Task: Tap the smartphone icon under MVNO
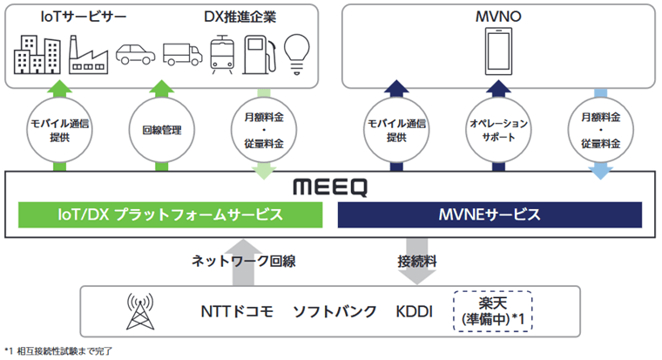pyautogui.click(x=499, y=50)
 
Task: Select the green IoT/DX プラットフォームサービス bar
pyautogui.click(x=165, y=214)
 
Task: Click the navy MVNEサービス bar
pyautogui.click(x=490, y=214)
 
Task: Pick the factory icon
pyautogui.click(x=84, y=53)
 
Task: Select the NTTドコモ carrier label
pyautogui.click(x=236, y=312)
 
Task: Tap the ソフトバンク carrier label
pyautogui.click(x=334, y=312)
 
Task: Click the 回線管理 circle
pyautogui.click(x=161, y=131)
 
